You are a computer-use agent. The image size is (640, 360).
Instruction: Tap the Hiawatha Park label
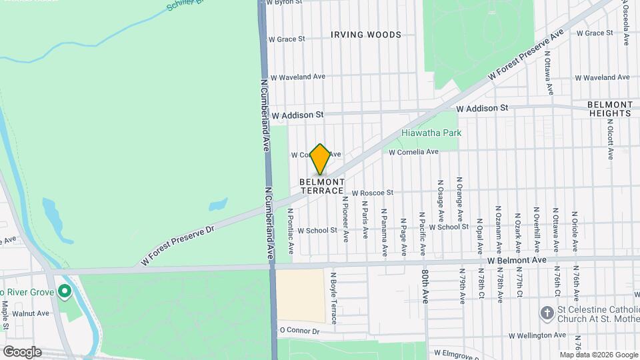[431, 133]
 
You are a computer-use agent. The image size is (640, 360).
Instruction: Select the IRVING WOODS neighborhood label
[366, 35]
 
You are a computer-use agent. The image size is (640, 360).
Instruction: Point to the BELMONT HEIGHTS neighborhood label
[609, 109]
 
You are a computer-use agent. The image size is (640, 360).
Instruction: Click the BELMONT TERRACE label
[322, 186]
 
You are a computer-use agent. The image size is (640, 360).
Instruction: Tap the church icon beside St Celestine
[547, 313]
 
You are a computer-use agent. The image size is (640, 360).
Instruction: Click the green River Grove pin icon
[64, 291]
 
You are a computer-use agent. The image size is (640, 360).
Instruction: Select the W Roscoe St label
[373, 193]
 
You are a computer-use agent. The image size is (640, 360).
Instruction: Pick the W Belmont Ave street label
[517, 259]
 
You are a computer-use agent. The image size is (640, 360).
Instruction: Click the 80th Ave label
[425, 286]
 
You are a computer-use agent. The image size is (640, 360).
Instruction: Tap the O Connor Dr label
[299, 331]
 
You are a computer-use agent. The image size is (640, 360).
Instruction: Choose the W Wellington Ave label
[538, 335]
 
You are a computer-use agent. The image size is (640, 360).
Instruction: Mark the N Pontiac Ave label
[291, 231]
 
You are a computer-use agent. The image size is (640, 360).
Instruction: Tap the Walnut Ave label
[35, 313]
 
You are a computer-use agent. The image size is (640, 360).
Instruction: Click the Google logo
[21, 352]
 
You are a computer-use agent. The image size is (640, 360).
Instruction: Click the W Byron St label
[283, 3]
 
